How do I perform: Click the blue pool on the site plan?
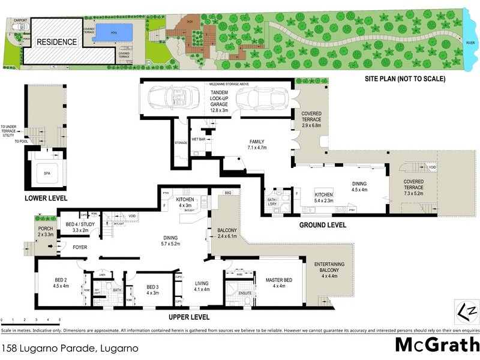pos(109,31)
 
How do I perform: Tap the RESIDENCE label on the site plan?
pos(57,42)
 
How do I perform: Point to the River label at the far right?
pos(471,42)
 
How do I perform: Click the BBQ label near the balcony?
pos(227,193)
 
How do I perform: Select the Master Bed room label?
pos(278,283)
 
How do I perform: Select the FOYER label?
pos(81,247)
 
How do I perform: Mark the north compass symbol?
pos(466,310)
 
